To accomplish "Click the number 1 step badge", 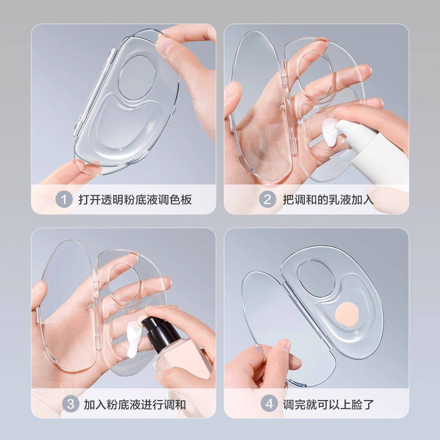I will [64, 200].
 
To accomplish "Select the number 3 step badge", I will [70, 404].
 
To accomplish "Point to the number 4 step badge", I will [269, 404].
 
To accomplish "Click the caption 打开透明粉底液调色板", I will [135, 200].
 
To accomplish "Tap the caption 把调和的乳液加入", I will [328, 200].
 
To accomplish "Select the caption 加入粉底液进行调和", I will [135, 404].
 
